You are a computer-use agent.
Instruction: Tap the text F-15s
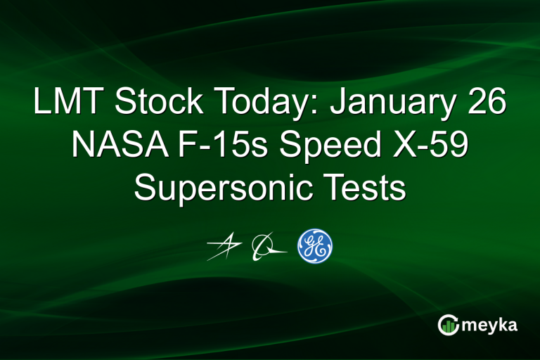click(x=208, y=146)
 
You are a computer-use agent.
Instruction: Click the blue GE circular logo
click(x=314, y=246)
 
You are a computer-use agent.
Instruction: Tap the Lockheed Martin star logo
click(x=224, y=247)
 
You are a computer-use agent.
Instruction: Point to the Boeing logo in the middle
click(x=268, y=247)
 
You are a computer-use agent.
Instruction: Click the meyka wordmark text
click(x=491, y=324)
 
